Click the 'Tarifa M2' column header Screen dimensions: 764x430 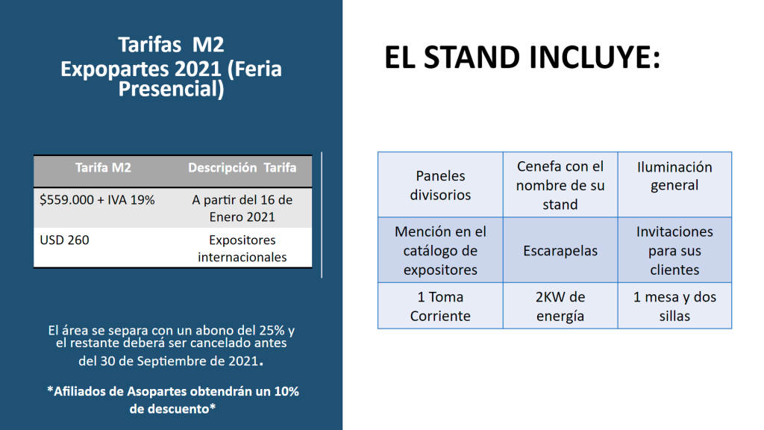pos(103,168)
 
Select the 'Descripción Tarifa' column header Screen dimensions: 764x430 pos(242,168)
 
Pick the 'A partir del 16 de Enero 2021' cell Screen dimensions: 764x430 pos(242,208)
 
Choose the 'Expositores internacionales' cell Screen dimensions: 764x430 pos(242,248)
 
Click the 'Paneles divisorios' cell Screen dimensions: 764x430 pos(440,185)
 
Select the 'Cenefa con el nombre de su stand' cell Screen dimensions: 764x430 pos(560,185)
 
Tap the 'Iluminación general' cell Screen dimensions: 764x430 pos(674,185)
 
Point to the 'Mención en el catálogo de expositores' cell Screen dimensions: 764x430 pos(440,250)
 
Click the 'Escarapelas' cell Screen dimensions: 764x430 pos(560,250)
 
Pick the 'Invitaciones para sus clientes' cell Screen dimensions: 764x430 pos(674,250)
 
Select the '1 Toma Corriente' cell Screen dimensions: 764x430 pos(440,305)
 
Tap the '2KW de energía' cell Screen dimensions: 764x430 pos(560,305)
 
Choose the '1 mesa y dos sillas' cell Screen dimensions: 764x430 pos(674,305)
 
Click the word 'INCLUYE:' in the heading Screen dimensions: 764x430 pos(595,57)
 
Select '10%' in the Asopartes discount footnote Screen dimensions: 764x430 pos(286,391)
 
